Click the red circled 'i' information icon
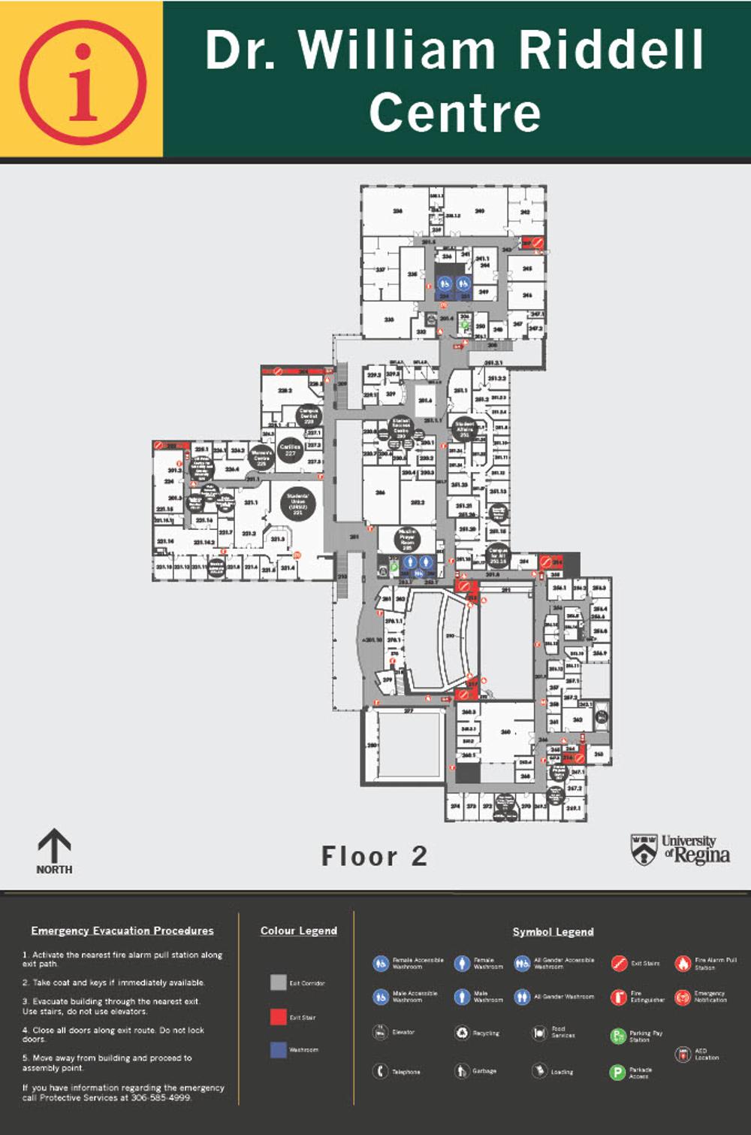click(x=83, y=82)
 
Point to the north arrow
click(x=54, y=847)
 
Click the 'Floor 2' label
click(x=374, y=856)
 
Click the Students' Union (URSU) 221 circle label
click(x=298, y=504)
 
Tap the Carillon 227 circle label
click(x=290, y=449)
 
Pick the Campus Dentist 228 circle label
click(x=309, y=415)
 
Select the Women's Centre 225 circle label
click(x=261, y=456)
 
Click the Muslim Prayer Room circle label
click(x=407, y=539)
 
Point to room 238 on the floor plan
click(x=397, y=211)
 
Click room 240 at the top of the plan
click(x=478, y=211)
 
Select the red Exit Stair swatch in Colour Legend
click(x=278, y=1017)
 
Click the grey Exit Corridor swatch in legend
click(x=278, y=982)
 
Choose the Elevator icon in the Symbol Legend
click(x=381, y=1032)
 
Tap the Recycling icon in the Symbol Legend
click(x=462, y=1033)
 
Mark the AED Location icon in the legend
click(x=682, y=1054)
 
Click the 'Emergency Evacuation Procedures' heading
click(x=122, y=931)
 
